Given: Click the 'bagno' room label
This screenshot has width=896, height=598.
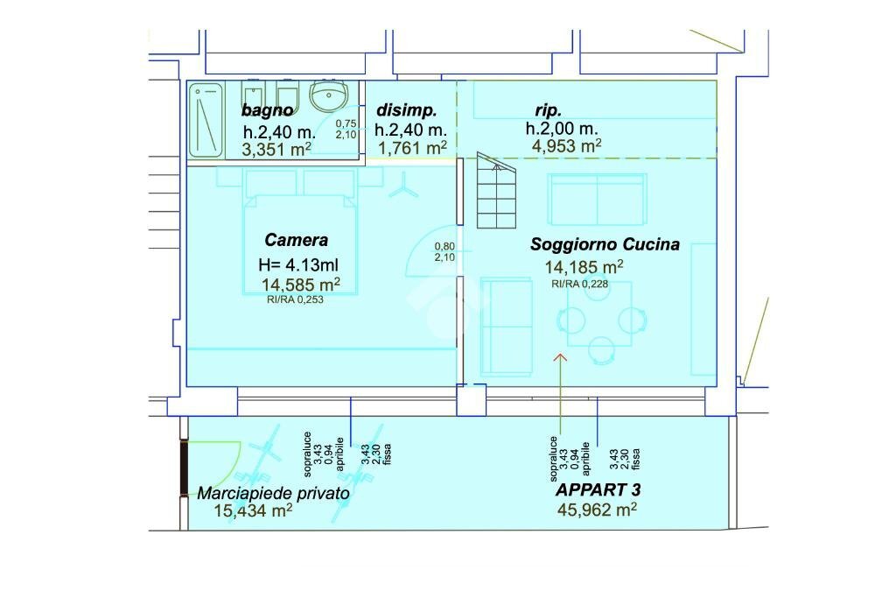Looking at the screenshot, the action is click(267, 110).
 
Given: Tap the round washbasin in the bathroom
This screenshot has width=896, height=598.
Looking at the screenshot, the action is click(329, 95).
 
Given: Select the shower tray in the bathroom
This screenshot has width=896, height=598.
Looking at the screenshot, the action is click(206, 122).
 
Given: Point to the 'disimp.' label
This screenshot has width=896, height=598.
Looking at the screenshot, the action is click(406, 109).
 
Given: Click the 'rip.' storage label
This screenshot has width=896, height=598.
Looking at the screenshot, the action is click(548, 109).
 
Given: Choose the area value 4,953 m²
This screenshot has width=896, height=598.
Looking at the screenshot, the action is click(566, 146).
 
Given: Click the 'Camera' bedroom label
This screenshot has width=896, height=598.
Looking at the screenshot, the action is click(296, 240).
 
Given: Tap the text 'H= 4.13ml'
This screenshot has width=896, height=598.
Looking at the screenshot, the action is click(298, 264).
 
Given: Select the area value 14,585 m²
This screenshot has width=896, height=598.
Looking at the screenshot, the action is click(301, 285).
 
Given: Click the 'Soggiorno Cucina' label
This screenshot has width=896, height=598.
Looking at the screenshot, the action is click(605, 244).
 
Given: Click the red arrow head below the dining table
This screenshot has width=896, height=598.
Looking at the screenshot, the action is click(561, 357).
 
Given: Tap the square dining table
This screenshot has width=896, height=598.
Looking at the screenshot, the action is click(599, 313).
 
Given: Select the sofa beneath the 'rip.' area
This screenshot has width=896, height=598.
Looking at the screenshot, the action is click(597, 200).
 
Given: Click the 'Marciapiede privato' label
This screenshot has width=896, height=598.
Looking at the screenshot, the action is click(273, 494).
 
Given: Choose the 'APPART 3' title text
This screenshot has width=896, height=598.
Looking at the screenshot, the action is click(598, 490).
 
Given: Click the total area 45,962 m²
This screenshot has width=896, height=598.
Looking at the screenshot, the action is click(597, 509).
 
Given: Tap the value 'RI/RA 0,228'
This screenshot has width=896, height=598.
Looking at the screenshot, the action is click(579, 284).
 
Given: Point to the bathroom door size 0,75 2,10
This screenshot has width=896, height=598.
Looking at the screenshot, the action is click(346, 130).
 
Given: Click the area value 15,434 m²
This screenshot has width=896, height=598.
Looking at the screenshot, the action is click(253, 510).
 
